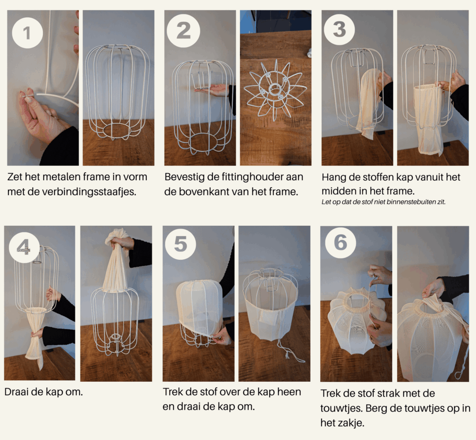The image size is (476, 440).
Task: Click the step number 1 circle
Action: click(27, 33)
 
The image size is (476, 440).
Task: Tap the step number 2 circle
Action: click(183, 31)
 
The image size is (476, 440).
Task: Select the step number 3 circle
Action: click(339, 29)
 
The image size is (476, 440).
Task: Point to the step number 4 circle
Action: click(24, 248)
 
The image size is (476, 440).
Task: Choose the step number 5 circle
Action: click(180, 244)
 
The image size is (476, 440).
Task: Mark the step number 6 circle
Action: click(340, 243)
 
